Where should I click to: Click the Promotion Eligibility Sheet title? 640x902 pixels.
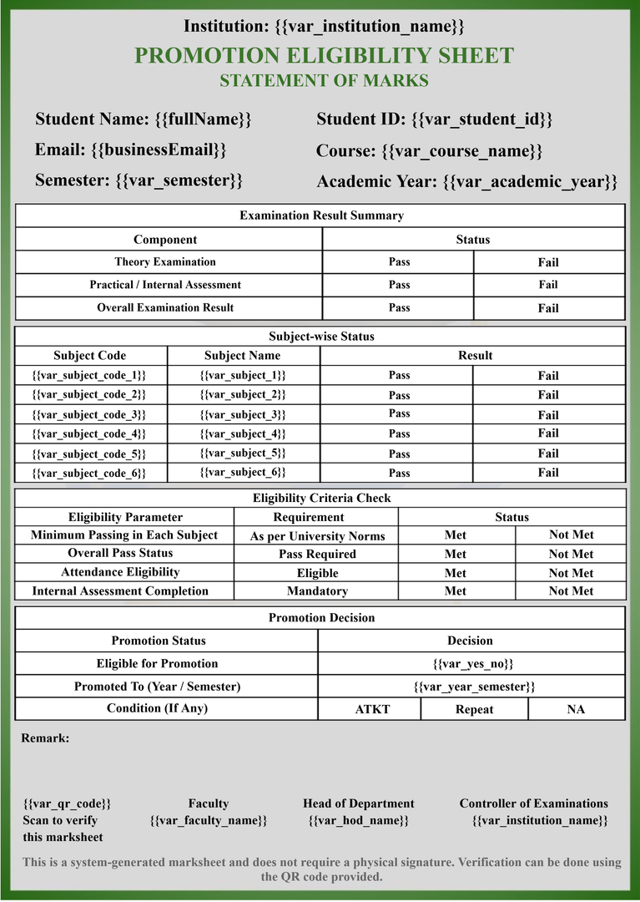pos(324,56)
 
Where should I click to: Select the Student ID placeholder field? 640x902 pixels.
pos(481,119)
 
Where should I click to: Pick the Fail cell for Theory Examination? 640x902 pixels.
pos(548,262)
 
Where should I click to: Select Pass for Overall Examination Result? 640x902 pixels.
pos(399,307)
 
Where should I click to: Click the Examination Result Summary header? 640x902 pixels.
pos(321,215)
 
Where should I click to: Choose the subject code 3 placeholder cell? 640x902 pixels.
pos(89,414)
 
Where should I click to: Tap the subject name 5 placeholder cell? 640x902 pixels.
pos(243,453)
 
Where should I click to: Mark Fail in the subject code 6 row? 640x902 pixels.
pos(548,473)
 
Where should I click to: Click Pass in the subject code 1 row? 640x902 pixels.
pos(399,375)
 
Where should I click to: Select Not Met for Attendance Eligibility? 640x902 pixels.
pos(571,573)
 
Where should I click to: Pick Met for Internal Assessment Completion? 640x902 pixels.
pos(456,591)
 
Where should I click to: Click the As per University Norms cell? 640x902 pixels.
pos(317,536)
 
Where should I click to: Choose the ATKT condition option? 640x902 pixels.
pos(372,709)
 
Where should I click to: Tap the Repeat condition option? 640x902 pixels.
pos(474,709)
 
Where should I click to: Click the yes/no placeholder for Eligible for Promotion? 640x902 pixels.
pos(472,663)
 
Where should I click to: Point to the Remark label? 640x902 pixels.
pos(45,738)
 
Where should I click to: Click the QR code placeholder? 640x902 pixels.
pos(67,803)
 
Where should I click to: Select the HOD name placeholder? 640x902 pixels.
pos(359,820)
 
